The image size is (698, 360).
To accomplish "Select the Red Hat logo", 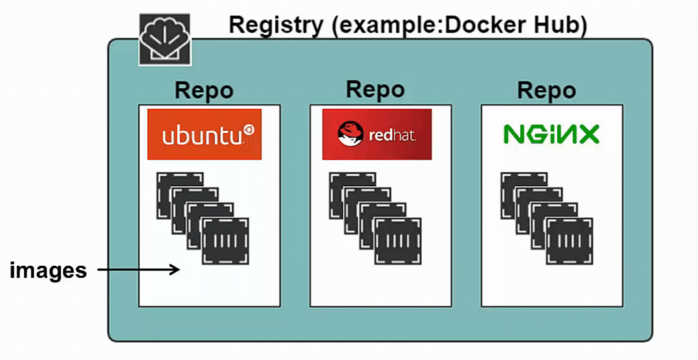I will tap(377, 134).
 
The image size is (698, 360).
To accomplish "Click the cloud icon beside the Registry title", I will tap(165, 40).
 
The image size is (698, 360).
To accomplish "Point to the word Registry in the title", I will tap(275, 25).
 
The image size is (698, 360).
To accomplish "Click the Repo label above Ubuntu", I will tap(204, 91).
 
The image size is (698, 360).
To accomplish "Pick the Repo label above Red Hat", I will tap(375, 89).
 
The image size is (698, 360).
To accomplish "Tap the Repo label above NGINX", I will tap(546, 91).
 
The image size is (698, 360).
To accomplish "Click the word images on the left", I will tap(48, 270).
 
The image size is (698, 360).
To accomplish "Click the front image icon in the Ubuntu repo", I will tap(226, 241).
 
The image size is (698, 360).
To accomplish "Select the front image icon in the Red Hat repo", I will tap(397, 241).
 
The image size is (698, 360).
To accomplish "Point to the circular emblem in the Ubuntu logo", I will tap(248, 130).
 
